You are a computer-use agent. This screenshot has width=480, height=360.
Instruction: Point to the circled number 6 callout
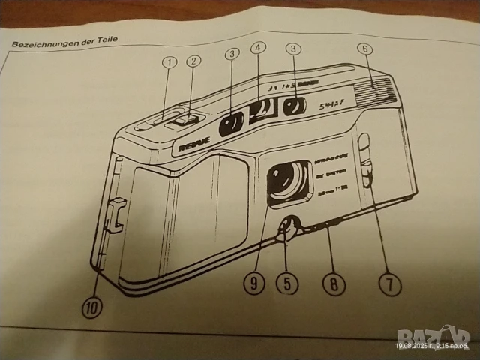(365, 49)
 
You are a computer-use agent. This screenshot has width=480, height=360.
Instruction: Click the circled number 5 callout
(286, 283)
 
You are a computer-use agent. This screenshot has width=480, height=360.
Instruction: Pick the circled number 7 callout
(389, 283)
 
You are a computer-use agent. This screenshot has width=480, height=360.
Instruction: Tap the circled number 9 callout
(255, 284)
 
